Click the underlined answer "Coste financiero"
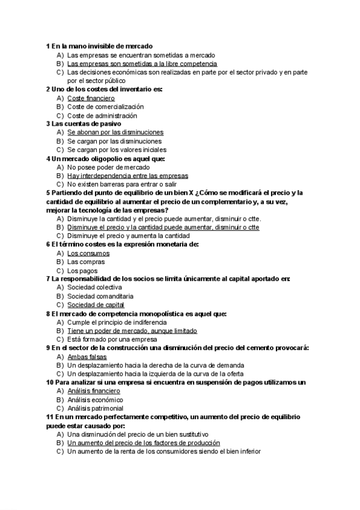point(91,98)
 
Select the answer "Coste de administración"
point(102,115)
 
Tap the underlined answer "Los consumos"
point(88,253)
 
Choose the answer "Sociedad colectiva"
point(94,287)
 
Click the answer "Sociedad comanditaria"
point(100,296)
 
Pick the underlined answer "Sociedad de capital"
point(96,305)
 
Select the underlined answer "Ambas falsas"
point(87,357)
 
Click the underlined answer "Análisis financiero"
point(94,391)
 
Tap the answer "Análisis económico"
point(95,399)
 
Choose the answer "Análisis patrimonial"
point(95,408)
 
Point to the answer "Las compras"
point(85,262)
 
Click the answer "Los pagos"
point(82,271)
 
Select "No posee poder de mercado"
point(108,167)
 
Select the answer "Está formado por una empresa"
point(112,339)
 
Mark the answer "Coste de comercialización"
point(105,106)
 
